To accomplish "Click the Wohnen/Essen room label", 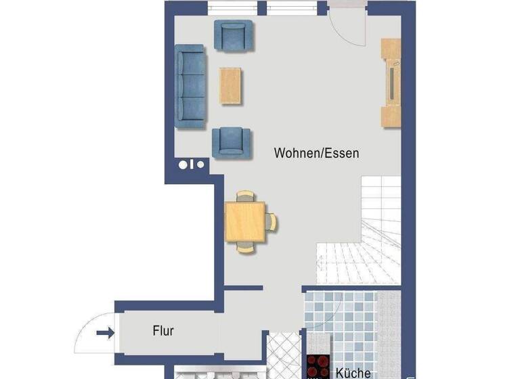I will (x=316, y=153).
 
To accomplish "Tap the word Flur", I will (x=162, y=331).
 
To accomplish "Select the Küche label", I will (x=353, y=372).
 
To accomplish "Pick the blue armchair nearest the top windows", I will (x=233, y=36).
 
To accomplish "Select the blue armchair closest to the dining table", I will (x=232, y=142).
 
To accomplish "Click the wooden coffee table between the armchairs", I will (x=230, y=86).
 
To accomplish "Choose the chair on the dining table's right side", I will (x=271, y=221).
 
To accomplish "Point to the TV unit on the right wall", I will (x=391, y=82).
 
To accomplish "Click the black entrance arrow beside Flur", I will (x=106, y=332).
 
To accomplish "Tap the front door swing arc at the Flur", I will (x=92, y=332).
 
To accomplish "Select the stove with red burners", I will (x=317, y=366).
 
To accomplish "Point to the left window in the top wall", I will (x=232, y=8).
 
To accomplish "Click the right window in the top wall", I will (x=292, y=8).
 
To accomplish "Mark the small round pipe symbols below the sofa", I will (x=191, y=164).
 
